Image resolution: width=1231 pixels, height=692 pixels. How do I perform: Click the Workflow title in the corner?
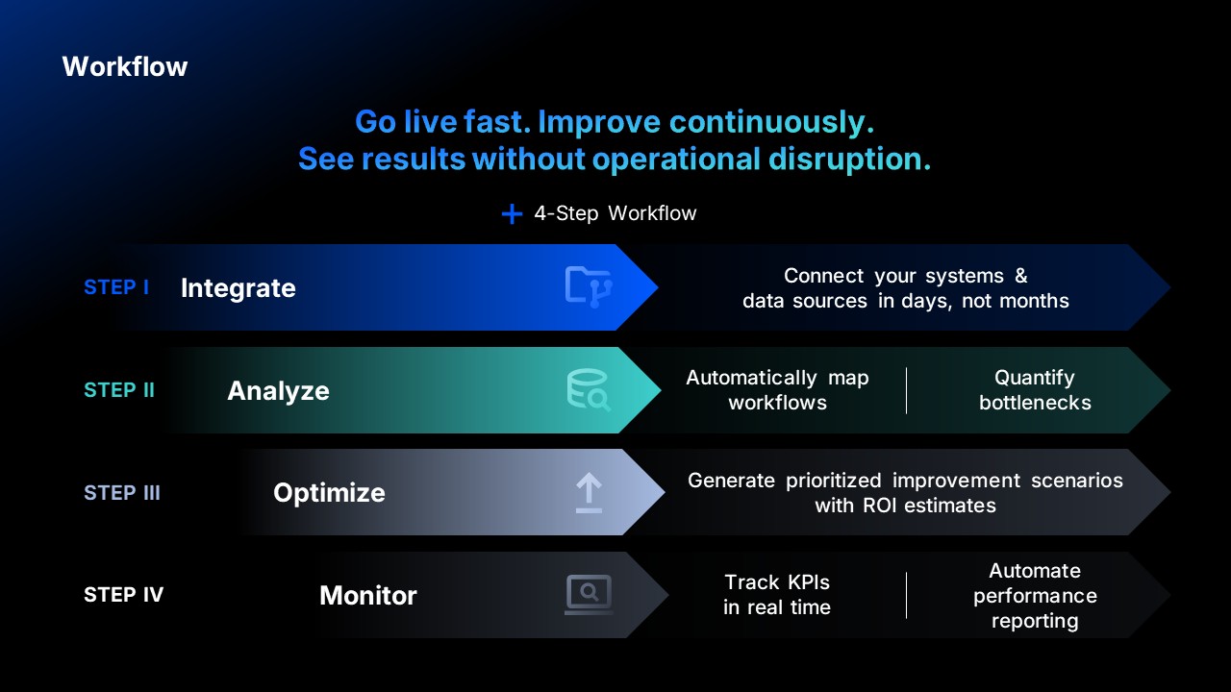point(125,66)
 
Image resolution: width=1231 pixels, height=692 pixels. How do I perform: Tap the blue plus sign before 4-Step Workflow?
point(512,213)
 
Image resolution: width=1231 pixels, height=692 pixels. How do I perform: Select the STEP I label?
point(116,286)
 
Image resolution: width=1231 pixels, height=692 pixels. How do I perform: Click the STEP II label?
point(119,390)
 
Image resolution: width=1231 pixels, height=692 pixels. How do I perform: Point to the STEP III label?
point(122,493)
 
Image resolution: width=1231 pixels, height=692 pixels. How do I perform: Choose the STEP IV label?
point(124,594)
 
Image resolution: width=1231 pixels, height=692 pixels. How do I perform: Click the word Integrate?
point(238,288)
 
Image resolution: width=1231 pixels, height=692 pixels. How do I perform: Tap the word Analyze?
point(278,391)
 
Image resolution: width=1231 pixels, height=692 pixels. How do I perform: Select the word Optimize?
point(329,493)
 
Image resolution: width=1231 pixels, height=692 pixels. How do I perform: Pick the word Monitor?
point(368,595)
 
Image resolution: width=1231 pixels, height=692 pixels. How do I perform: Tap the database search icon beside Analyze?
point(588,390)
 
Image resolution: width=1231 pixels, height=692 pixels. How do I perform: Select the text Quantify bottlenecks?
point(1035,390)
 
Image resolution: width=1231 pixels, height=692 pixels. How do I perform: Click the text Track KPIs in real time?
point(776,595)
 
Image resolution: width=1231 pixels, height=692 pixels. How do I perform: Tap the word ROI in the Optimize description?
point(879,506)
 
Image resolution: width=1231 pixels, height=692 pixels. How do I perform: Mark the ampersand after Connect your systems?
point(1021,276)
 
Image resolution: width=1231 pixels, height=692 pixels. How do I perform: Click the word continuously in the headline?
point(771,122)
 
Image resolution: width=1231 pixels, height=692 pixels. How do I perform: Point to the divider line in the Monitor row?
point(906,595)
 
